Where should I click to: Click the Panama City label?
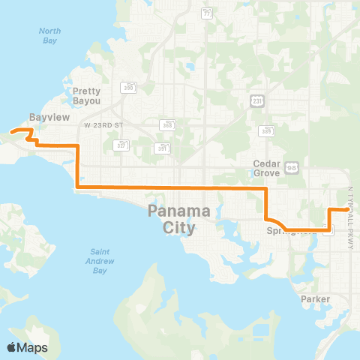point(172,218)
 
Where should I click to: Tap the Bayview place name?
point(43,116)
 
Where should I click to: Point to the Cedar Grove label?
point(266,167)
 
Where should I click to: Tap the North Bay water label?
point(50,36)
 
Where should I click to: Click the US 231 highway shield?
point(256,99)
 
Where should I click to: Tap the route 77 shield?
point(206,13)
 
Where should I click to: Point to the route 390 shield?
point(130,87)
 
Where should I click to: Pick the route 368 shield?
point(164,124)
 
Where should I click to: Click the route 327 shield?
point(119,144)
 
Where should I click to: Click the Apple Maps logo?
point(27,347)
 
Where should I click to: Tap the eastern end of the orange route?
point(346,210)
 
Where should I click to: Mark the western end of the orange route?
point(10,132)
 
